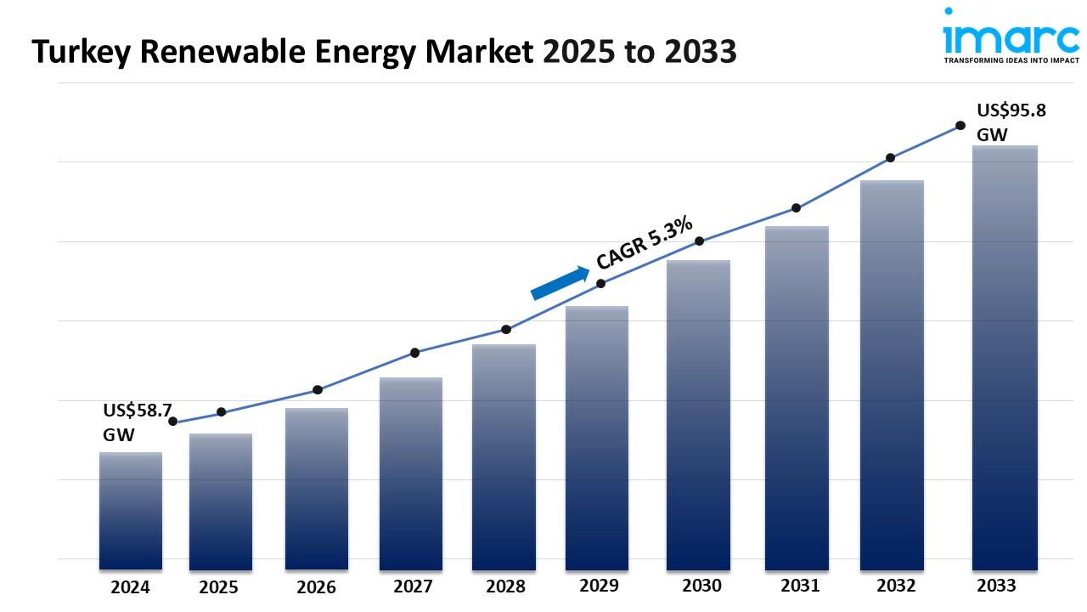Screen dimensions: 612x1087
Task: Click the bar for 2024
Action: pos(131,510)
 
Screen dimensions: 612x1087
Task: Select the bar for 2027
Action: pos(411,473)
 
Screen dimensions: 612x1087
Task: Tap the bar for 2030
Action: pos(698,415)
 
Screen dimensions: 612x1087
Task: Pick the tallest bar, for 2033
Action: pos(1005,357)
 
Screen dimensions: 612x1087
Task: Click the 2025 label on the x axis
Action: pos(219,587)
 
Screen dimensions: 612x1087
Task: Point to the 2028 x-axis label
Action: pos(505,586)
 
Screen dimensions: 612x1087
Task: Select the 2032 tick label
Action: pos(896,586)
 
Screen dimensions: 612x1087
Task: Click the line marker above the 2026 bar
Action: pos(318,390)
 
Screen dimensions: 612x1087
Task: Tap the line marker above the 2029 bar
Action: pos(601,284)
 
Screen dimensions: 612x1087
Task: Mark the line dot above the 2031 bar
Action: pos(797,208)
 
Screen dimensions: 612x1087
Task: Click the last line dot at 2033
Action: pos(960,125)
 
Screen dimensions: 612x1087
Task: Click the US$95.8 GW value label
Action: pos(1010,122)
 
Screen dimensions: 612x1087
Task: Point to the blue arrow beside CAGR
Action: pos(560,283)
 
